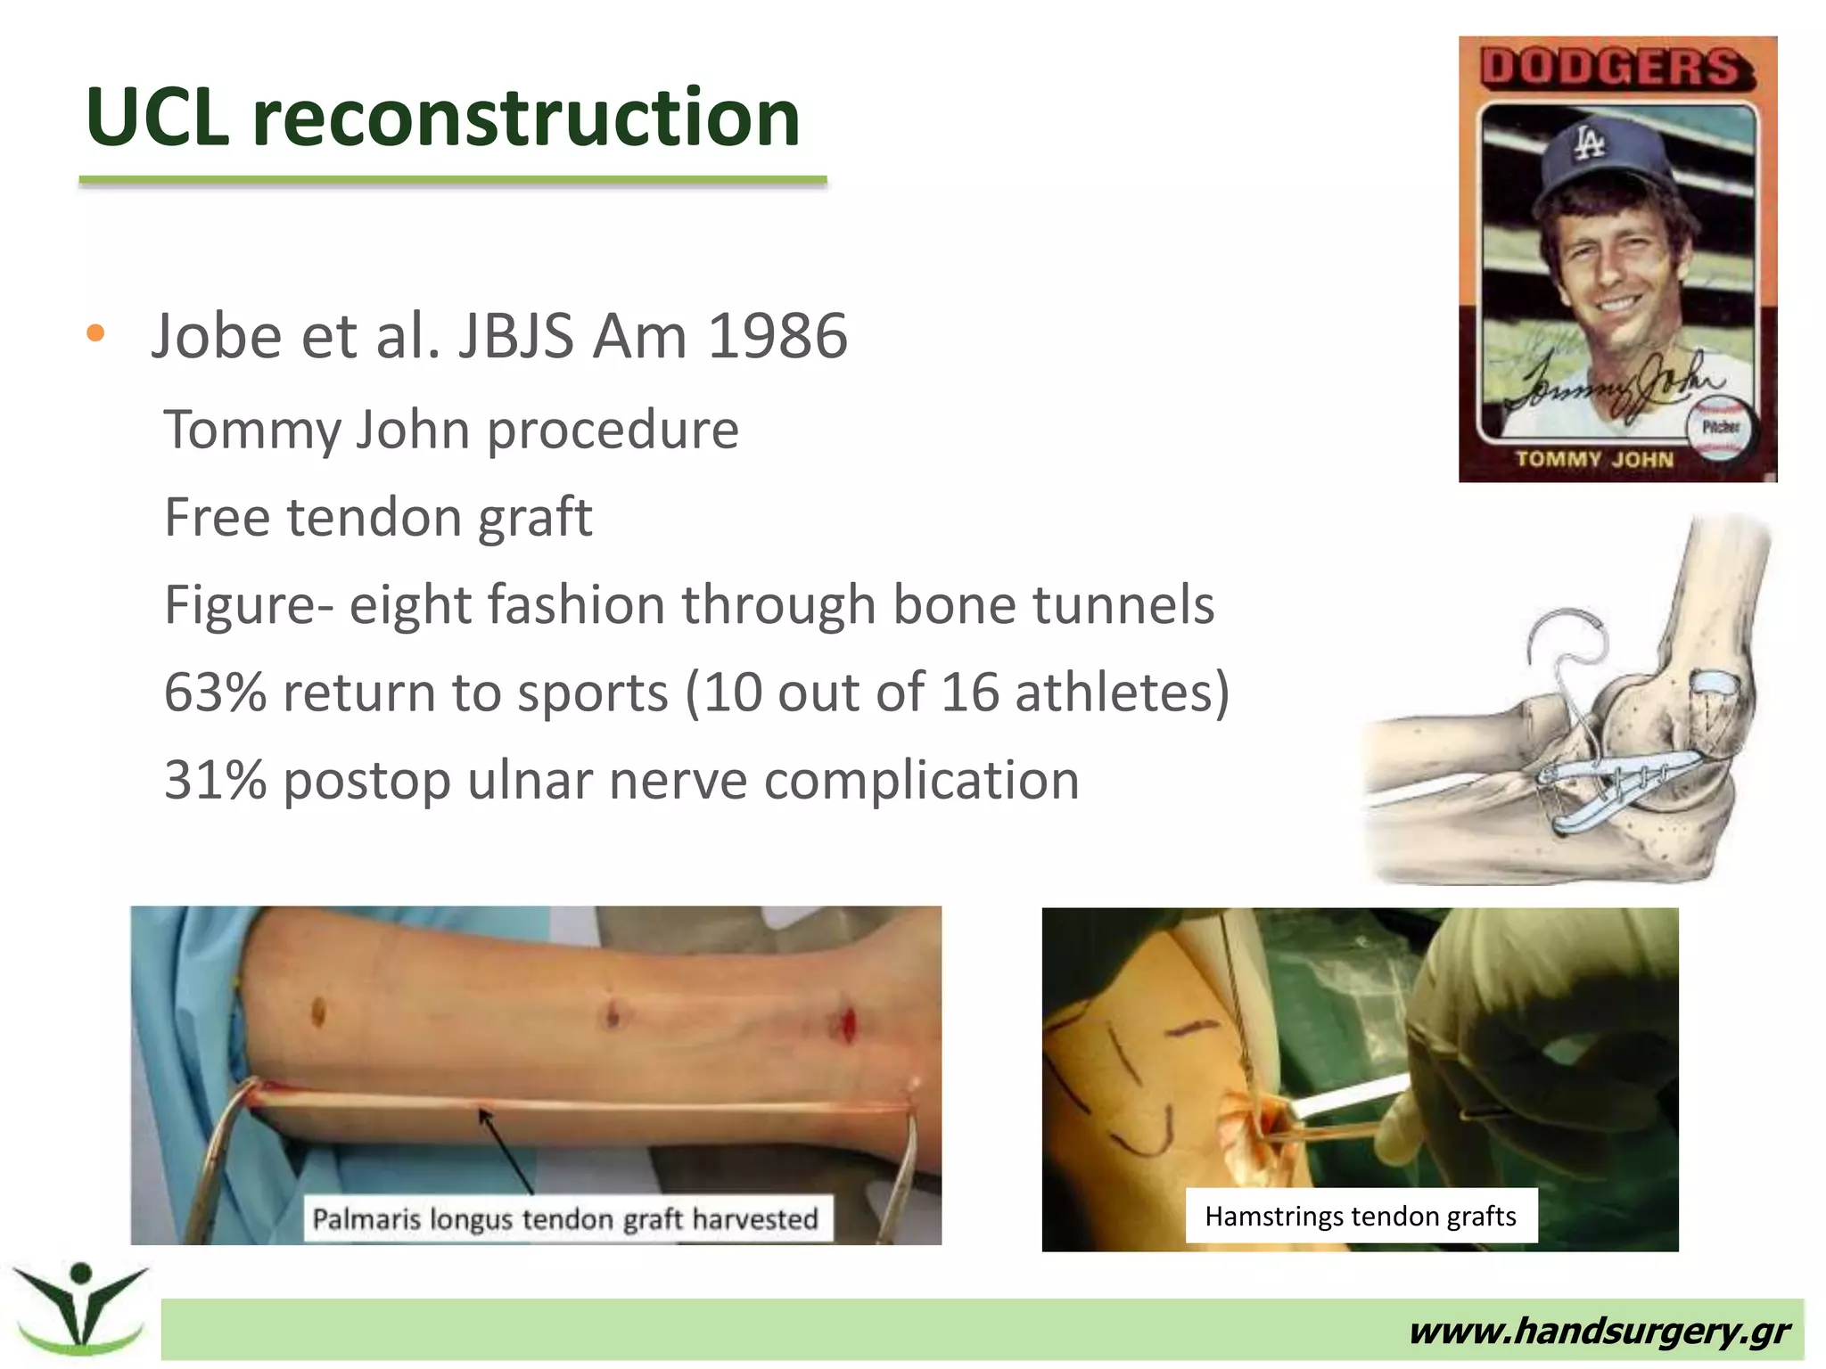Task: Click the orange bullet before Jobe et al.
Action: [x=95, y=334]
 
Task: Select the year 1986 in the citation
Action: [x=777, y=337]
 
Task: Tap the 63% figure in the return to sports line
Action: [x=215, y=693]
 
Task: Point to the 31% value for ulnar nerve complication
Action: [x=215, y=781]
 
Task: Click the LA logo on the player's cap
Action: [x=1588, y=143]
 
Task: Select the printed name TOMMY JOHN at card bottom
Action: [x=1594, y=460]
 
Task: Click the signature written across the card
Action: [x=1614, y=384]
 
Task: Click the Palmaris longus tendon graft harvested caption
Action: [x=565, y=1218]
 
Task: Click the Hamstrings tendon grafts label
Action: [x=1360, y=1216]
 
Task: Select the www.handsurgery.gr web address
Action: [x=1599, y=1332]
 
